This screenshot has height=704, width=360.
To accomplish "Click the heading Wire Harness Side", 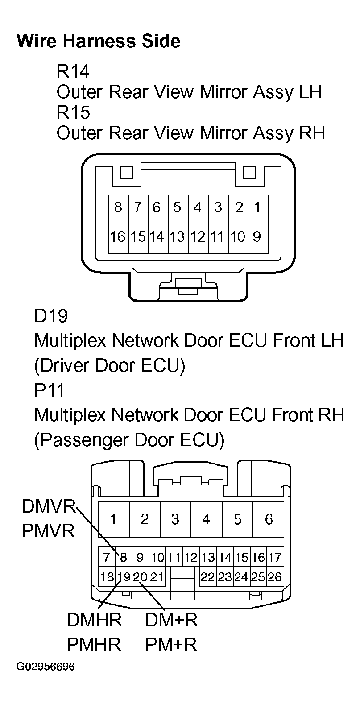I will pos(98,41).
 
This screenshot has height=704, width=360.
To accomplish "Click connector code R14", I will pos(73,71).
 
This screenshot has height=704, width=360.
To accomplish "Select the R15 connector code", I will pos(73,112).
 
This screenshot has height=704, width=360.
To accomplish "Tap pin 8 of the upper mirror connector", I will pos(118,207).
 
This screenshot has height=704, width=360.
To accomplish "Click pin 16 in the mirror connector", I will pos(118,236).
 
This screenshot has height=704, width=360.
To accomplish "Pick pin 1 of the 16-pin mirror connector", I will pos(257,207).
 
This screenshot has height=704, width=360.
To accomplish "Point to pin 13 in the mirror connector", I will pos(177,236).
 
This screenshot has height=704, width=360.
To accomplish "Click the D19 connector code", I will pos(51,316).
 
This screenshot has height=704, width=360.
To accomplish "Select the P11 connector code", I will pos(49,390).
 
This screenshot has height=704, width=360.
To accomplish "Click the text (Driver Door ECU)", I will pos(109,365).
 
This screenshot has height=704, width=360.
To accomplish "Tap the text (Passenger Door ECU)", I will pos(129,440).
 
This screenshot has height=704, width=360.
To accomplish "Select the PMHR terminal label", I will pos(94,645).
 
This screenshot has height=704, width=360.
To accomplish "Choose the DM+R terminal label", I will pos(171,620).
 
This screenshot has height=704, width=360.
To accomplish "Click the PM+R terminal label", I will pos(171,645).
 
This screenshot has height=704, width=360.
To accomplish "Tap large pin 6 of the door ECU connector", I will pos(269,519).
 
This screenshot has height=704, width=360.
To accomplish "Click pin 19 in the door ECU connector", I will pos(124,577).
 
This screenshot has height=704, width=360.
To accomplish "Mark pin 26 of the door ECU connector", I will pos(274,577).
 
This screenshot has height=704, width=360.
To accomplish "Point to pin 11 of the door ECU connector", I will pos(174,557).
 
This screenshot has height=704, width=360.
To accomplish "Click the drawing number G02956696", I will pos(46,667).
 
